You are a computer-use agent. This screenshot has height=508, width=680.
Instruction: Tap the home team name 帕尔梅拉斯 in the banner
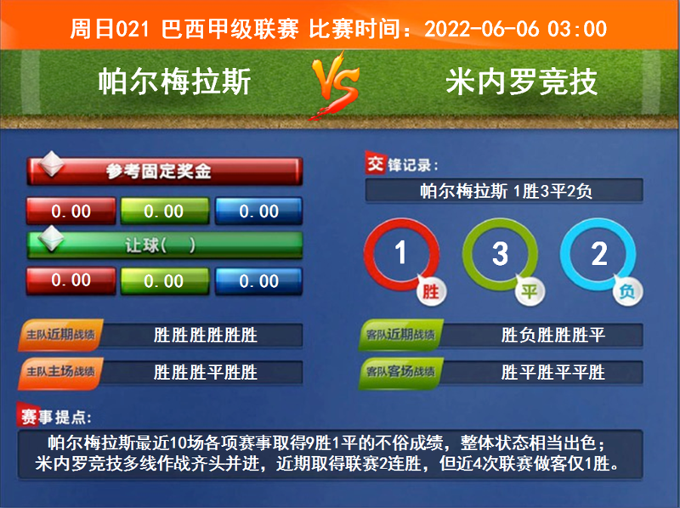(174, 82)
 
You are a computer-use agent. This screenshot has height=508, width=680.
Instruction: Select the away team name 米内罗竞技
(521, 82)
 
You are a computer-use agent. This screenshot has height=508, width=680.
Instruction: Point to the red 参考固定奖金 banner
(165, 172)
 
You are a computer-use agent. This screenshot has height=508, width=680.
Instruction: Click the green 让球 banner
(165, 245)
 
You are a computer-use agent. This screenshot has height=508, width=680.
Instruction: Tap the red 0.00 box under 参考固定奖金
(71, 212)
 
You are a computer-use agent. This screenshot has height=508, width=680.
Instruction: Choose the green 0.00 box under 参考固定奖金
(164, 212)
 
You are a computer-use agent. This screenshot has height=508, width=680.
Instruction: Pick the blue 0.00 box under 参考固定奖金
(258, 212)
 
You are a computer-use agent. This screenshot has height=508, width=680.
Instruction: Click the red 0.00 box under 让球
(71, 280)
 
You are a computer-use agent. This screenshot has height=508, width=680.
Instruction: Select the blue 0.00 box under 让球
(258, 280)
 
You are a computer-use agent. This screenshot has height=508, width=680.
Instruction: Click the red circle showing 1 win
(402, 254)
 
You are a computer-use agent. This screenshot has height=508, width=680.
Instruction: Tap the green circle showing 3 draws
(500, 254)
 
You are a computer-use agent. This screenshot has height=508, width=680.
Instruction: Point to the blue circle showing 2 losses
(598, 254)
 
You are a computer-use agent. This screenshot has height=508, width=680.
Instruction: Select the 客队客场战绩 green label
(401, 372)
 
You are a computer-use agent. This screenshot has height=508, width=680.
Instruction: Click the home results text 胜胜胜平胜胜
(206, 372)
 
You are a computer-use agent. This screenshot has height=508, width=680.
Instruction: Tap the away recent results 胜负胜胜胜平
(553, 336)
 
